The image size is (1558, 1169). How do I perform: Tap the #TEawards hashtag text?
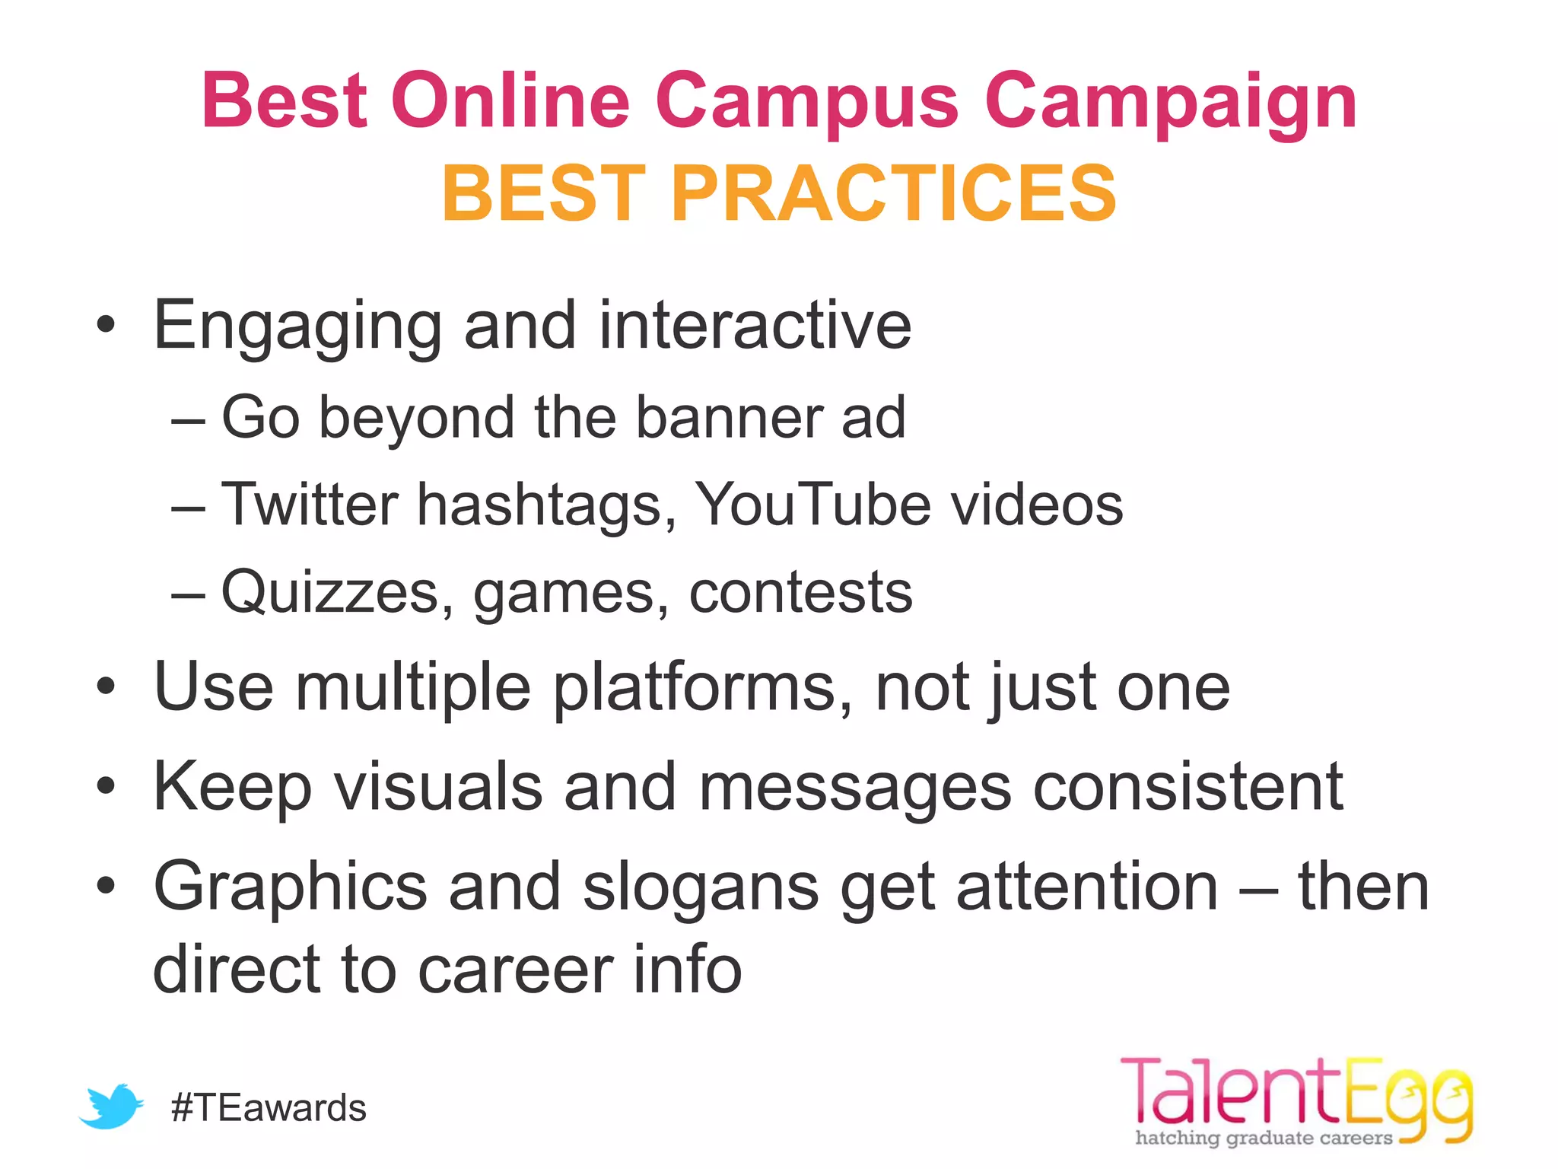coord(269,1108)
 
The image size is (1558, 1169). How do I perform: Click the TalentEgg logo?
coord(1296,1099)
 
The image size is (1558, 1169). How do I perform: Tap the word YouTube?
coord(812,505)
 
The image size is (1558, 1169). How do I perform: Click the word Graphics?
coord(291,887)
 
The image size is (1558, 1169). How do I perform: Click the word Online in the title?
coord(510,100)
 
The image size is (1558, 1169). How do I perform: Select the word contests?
coord(800,593)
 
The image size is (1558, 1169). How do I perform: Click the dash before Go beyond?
coord(188,419)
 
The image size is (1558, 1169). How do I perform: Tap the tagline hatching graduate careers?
coord(1264,1139)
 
